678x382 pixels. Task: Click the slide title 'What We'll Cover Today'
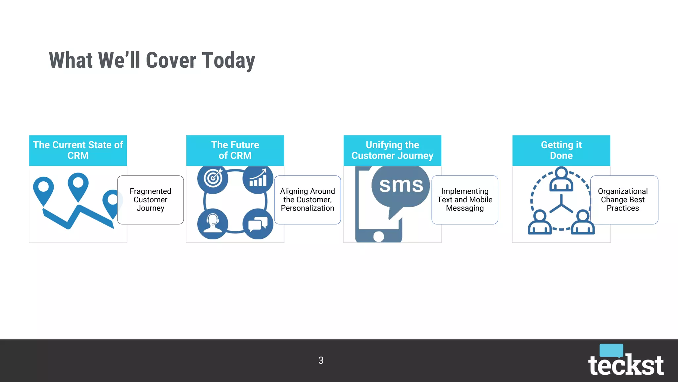pyautogui.click(x=152, y=60)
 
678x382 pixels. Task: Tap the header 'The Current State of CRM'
pyautogui.click(x=78, y=150)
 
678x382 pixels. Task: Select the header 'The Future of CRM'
pyautogui.click(x=235, y=150)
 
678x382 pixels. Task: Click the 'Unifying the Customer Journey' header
pyautogui.click(x=392, y=150)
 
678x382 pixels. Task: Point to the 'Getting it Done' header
pyautogui.click(x=561, y=150)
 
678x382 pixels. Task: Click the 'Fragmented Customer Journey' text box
pyautogui.click(x=150, y=200)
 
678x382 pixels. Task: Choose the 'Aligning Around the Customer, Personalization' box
pyautogui.click(x=308, y=200)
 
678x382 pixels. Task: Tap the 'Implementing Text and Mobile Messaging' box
pyautogui.click(x=465, y=200)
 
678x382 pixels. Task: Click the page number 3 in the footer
pyautogui.click(x=321, y=360)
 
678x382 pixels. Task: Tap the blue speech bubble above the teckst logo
pyautogui.click(x=611, y=350)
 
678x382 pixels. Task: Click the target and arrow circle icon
pyautogui.click(x=213, y=179)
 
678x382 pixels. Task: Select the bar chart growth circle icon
pyautogui.click(x=258, y=179)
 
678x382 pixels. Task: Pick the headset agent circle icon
pyautogui.click(x=213, y=223)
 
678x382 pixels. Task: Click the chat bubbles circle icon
pyautogui.click(x=258, y=224)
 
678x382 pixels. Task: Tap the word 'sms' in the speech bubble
pyautogui.click(x=401, y=185)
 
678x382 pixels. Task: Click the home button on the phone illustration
pyautogui.click(x=378, y=236)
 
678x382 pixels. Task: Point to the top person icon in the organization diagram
pyautogui.click(x=561, y=179)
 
